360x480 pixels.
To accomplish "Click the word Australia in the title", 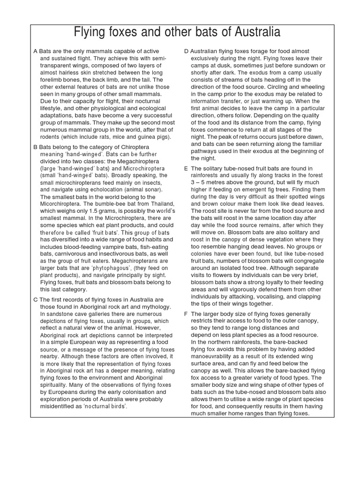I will click(x=251, y=32).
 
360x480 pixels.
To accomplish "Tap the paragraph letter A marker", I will click(x=35, y=51).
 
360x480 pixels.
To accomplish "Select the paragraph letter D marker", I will click(x=186, y=51).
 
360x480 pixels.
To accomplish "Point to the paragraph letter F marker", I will click(x=186, y=314).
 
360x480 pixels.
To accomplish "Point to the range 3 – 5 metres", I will click(x=211, y=183).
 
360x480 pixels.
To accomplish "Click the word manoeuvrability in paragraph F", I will click(x=217, y=349).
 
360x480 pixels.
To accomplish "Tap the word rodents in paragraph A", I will click(x=52, y=137).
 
